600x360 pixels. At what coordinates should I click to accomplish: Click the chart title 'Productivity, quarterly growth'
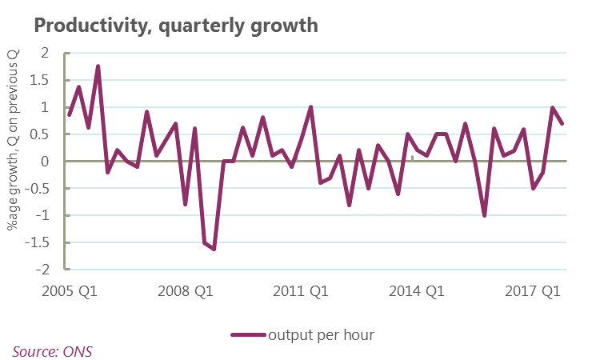176,26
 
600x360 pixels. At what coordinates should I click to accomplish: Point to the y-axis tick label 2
45,53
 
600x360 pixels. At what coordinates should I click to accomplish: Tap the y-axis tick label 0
45,162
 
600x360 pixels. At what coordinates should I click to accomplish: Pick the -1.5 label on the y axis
38,243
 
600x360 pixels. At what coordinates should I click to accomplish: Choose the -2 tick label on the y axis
42,270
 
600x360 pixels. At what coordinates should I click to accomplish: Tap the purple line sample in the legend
248,335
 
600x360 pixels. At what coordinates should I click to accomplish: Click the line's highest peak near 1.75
98,66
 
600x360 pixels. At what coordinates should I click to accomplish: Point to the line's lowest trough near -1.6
214,249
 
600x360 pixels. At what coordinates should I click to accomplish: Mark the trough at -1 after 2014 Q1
485,215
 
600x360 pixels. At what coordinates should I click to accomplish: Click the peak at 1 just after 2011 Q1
310,107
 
